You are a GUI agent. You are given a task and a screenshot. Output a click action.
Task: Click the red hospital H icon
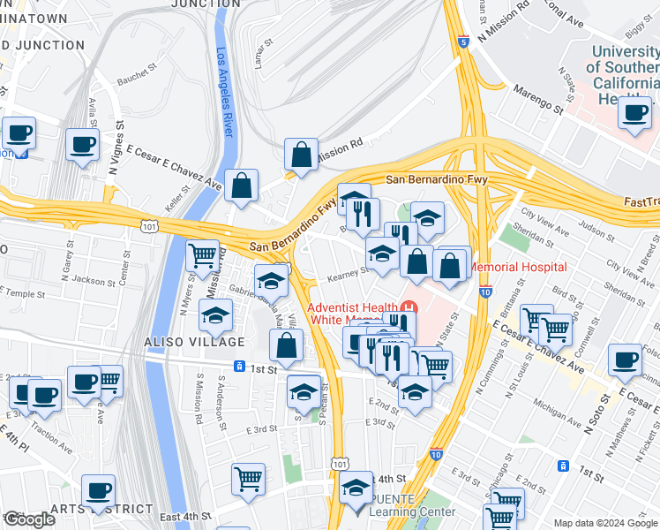click(x=408, y=307)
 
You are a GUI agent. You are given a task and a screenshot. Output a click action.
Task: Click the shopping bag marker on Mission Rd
click(x=301, y=155)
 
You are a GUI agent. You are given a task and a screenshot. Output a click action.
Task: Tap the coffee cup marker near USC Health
click(x=634, y=112)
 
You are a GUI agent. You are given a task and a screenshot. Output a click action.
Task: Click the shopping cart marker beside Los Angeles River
click(x=203, y=256)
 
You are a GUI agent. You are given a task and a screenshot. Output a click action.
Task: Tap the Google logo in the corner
click(x=28, y=519)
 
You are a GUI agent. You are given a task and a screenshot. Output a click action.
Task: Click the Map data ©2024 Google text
click(x=605, y=523)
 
